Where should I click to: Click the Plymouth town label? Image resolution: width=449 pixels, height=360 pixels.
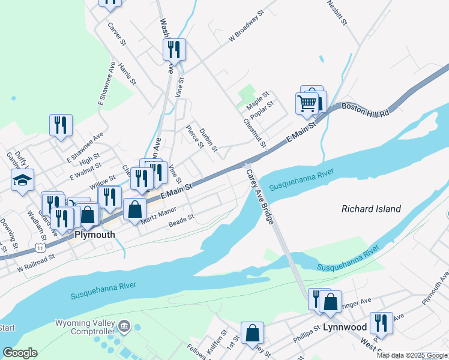(x=94, y=235)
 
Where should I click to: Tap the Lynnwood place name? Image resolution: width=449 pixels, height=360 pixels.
(x=345, y=328)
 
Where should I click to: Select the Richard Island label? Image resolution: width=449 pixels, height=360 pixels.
(x=370, y=209)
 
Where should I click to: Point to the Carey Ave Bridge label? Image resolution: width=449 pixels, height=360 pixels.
(x=260, y=197)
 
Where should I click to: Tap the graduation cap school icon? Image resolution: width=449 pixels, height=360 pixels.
(x=22, y=181)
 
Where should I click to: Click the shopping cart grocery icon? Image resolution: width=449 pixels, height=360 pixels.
(x=307, y=103)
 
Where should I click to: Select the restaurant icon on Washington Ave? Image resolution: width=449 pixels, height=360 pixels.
(x=174, y=49)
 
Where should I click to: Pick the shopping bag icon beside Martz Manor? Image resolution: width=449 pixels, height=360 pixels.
(x=135, y=210)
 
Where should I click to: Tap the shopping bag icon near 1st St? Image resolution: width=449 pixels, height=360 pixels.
(x=253, y=333)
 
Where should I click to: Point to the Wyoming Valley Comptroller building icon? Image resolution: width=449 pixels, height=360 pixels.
(x=124, y=327)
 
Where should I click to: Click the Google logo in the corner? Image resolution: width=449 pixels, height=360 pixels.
(x=20, y=353)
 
